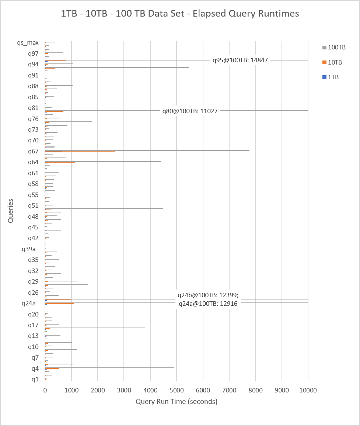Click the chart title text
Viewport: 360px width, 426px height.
(180, 14)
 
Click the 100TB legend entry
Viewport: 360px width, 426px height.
(336, 48)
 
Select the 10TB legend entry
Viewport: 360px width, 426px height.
(334, 62)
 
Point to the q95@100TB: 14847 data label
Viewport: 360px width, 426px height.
(240, 60)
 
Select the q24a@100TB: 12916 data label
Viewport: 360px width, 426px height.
(208, 304)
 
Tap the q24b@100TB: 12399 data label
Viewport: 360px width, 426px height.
(208, 295)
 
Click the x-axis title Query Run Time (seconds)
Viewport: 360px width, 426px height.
(176, 401)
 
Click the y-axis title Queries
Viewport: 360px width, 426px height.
(11, 211)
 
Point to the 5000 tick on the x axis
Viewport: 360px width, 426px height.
(176, 390)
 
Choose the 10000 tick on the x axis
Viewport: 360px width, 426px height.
(308, 390)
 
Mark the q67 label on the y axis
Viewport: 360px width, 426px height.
(33, 151)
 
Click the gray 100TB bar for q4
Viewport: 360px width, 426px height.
(111, 367)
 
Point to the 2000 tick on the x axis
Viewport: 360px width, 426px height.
(98, 390)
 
